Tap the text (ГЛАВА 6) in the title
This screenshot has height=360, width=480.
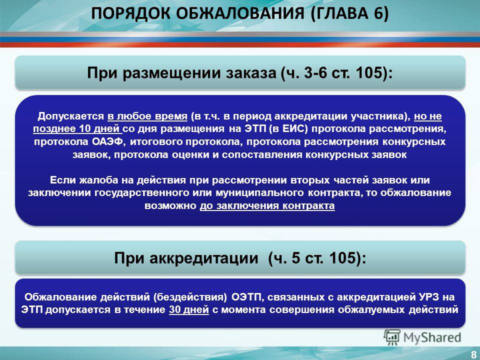[x=349, y=14]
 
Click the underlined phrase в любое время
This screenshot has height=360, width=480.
[x=147, y=116]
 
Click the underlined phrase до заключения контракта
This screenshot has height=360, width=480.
[x=267, y=205]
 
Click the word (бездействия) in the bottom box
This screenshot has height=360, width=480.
[x=190, y=297]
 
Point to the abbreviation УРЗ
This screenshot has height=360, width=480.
[x=429, y=297]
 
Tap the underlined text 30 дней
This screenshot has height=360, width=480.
[x=189, y=310]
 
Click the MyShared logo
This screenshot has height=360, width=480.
[x=422, y=337]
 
